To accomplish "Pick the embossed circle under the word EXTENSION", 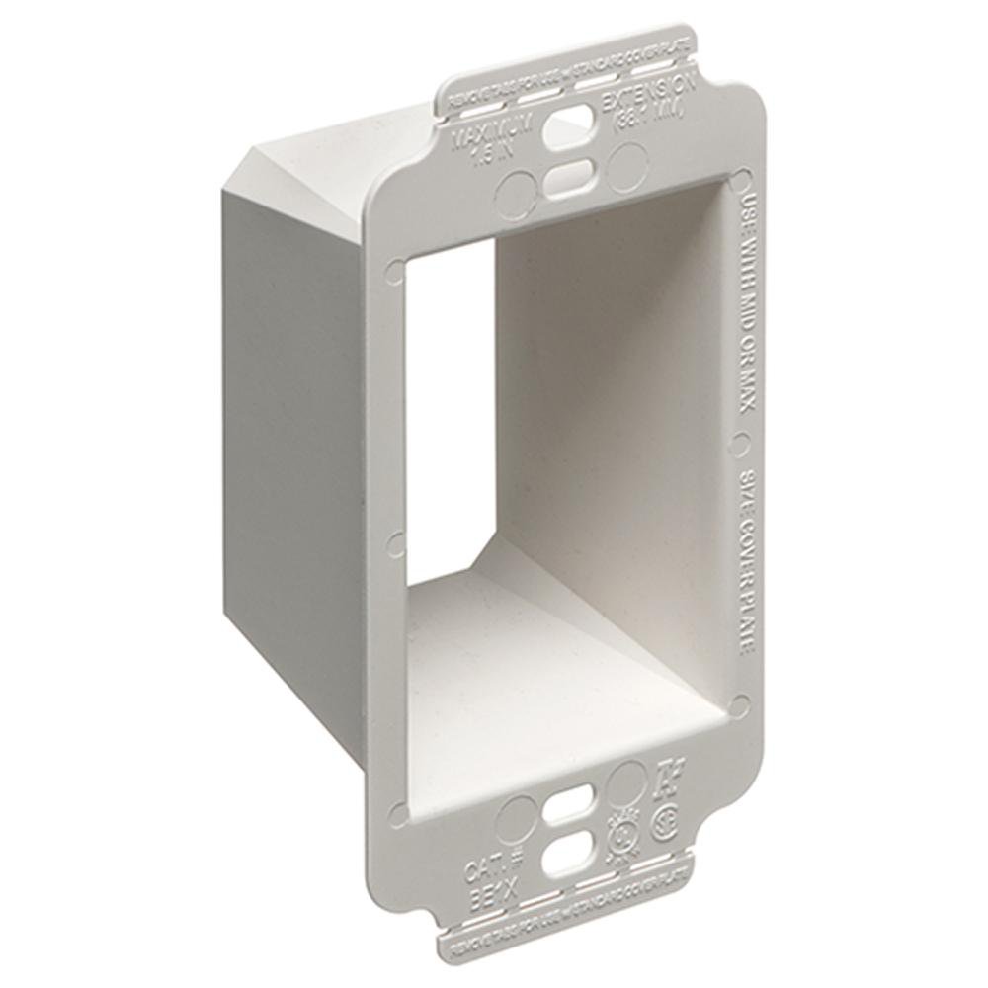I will [622, 162].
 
